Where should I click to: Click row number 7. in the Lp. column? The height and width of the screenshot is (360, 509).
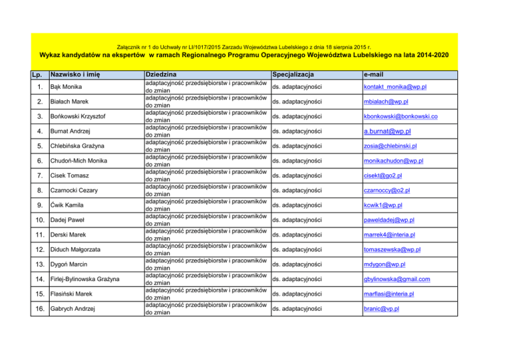[x=40, y=176]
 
